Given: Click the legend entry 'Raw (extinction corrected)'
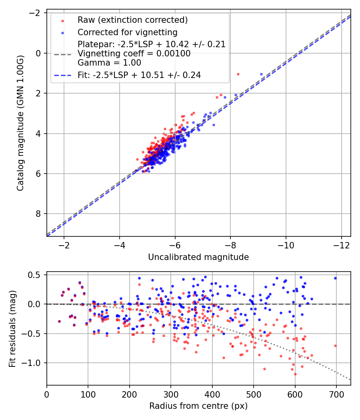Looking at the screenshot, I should [x=132, y=20].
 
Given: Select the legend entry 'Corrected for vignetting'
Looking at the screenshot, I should [x=127, y=32].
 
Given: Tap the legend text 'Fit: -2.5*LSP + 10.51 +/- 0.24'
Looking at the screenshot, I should [x=139, y=75].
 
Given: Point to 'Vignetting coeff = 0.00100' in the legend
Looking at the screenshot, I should [x=134, y=54].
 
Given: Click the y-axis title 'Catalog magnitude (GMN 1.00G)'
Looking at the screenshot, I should [x=20, y=123].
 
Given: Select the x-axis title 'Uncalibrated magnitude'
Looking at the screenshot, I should [x=198, y=257].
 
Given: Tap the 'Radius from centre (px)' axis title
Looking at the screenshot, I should [x=198, y=406].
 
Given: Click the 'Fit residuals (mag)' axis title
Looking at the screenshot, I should [x=12, y=328].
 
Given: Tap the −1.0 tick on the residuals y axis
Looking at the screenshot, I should [x=35, y=363].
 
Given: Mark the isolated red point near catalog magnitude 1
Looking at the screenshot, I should [x=238, y=74].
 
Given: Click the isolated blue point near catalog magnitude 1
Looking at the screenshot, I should [x=262, y=74].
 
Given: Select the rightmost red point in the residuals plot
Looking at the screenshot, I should [x=335, y=346].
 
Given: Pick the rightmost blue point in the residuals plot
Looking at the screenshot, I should [x=335, y=278].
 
